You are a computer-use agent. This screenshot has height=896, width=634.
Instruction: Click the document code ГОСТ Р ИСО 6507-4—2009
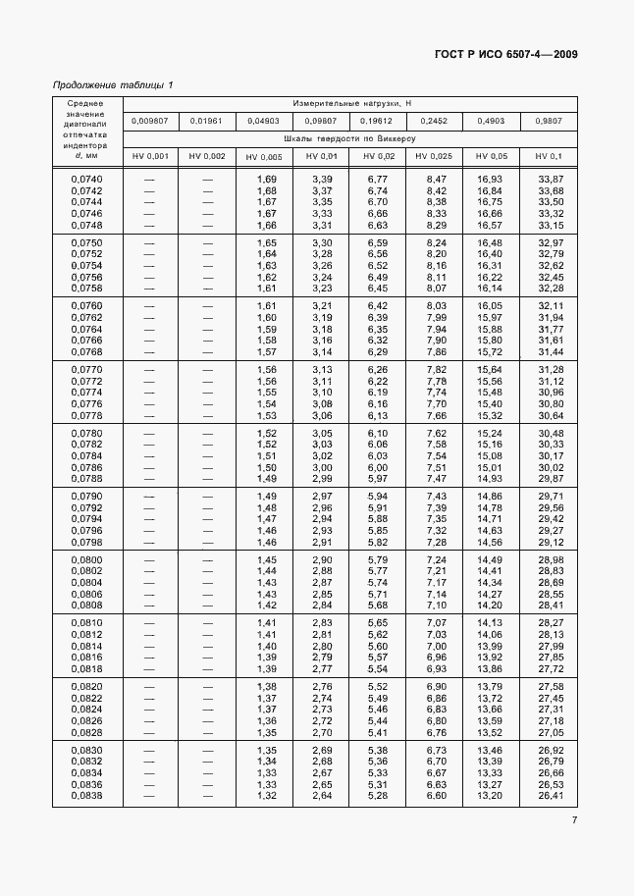coord(504,54)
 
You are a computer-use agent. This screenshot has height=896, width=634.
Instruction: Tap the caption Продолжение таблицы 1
coord(112,85)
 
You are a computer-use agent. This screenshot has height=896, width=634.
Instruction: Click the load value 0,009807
coord(150,121)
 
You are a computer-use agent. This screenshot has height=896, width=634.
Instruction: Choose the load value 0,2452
coord(433,121)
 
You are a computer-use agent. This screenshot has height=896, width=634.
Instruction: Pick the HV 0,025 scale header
coord(433,156)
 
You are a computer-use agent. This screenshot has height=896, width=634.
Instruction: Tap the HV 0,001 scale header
coord(150,156)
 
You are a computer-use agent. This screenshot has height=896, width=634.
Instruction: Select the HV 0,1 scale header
coord(550,156)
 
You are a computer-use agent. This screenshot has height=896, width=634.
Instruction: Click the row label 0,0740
coord(86,179)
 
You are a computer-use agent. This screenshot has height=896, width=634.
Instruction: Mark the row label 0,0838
coord(86,795)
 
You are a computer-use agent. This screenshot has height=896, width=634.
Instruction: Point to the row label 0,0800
coord(86,559)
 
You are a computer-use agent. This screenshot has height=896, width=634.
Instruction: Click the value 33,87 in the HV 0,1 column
coord(551,179)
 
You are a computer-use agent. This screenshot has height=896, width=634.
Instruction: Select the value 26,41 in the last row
coord(551,795)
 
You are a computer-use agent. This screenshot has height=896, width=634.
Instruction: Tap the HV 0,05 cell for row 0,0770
coord(490,369)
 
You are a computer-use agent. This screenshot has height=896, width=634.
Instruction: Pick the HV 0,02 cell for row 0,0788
coord(377,478)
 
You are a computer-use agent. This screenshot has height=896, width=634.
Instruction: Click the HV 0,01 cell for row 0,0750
coord(321,242)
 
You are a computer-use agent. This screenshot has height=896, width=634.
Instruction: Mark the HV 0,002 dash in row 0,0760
coord(207,305)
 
